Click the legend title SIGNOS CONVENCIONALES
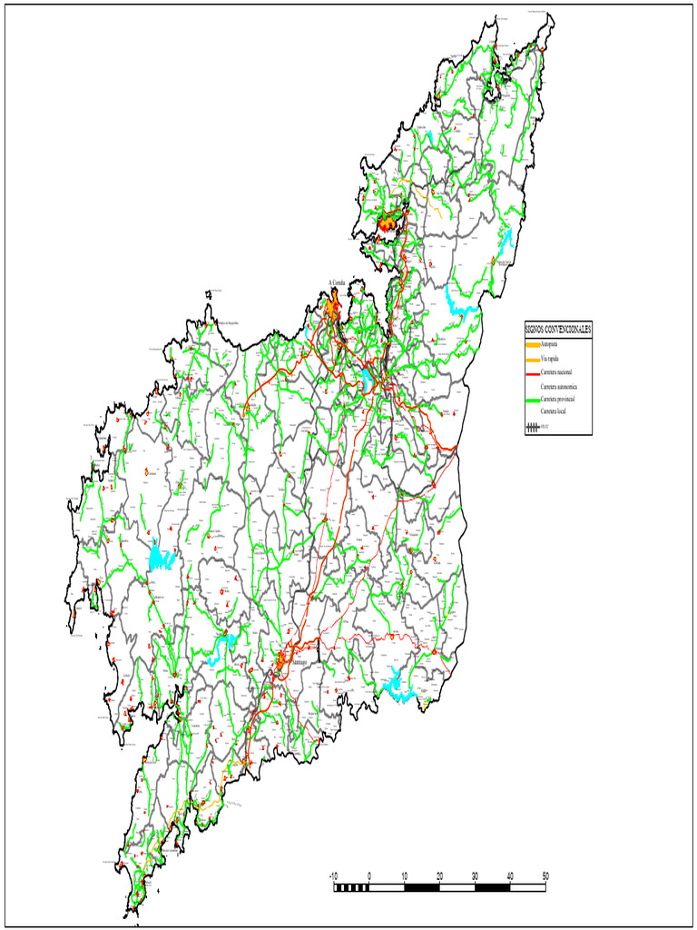coord(558,329)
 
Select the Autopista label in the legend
coord(550,345)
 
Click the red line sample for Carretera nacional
coord(532,372)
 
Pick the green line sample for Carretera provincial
coord(532,400)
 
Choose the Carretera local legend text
coord(553,412)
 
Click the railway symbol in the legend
coord(532,425)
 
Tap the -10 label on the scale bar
coord(333,876)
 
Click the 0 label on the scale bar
coord(369,876)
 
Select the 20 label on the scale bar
coord(439,876)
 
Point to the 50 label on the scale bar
coord(545,876)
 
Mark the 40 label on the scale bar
coord(510,876)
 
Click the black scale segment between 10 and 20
coord(422,886)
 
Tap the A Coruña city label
coord(343,282)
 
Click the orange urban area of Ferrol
coord(390,221)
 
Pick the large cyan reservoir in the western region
coord(160,558)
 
